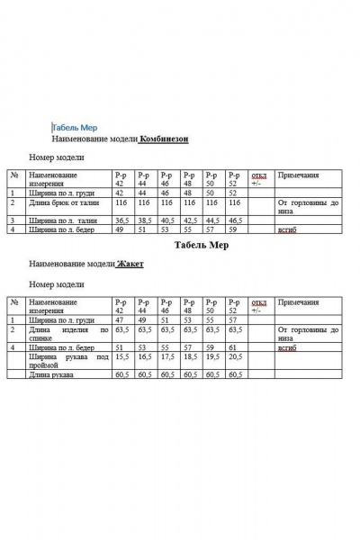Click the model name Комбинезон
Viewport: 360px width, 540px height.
click(x=164, y=139)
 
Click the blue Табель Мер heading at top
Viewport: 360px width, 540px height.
click(x=81, y=128)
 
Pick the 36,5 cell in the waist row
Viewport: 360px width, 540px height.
click(x=121, y=220)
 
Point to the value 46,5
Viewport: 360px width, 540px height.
click(x=236, y=220)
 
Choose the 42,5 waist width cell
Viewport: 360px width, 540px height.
click(x=190, y=220)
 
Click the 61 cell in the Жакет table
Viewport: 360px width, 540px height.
click(x=232, y=346)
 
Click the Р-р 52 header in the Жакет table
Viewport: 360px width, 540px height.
click(x=235, y=305)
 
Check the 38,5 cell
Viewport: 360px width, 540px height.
click(x=144, y=220)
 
